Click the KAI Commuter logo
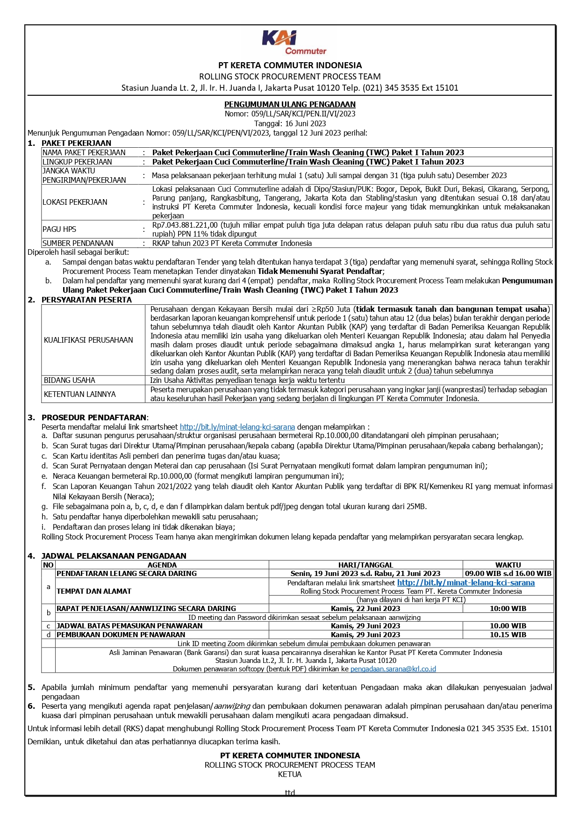[294, 43]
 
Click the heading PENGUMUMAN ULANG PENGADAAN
[290, 104]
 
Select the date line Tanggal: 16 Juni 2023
[290, 123]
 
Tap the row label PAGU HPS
[59, 229]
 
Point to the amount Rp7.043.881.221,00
[185, 225]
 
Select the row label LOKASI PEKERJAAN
[75, 202]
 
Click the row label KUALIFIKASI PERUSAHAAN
[88, 340]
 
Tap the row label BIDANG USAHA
[70, 380]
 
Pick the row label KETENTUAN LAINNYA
[80, 394]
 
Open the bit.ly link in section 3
[237, 427]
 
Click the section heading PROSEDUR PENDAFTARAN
[94, 417]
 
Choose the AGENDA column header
[162, 565]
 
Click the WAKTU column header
[508, 565]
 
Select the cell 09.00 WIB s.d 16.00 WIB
[508, 573]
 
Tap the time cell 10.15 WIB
[508, 634]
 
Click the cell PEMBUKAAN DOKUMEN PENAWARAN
[121, 634]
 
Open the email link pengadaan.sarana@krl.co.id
[393, 669]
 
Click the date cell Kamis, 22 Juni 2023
[365, 609]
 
